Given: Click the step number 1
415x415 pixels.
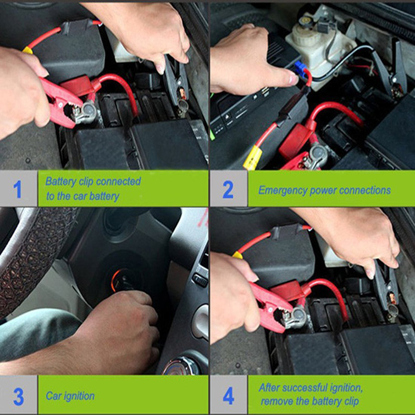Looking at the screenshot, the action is point(18,189).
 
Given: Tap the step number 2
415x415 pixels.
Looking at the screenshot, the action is point(228,189).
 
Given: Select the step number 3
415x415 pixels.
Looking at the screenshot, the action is point(18,396).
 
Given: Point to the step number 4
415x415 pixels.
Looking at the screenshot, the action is point(228,396).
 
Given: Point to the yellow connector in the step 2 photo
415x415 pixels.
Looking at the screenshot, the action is point(253,158).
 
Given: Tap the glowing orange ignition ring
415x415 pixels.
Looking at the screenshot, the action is point(114,280).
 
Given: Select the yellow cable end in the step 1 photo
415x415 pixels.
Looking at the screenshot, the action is point(28,50).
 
